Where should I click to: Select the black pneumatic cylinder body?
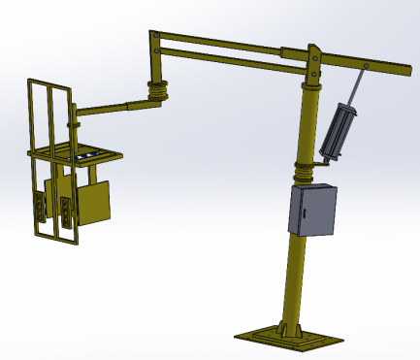pos(339,130)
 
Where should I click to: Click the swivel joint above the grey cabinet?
pos(305,173)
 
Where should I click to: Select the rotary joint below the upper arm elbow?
pos(156,91)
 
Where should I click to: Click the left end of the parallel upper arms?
pos(154,41)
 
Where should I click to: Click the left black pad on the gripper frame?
pos(39,207)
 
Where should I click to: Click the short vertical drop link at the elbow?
pos(154,68)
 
